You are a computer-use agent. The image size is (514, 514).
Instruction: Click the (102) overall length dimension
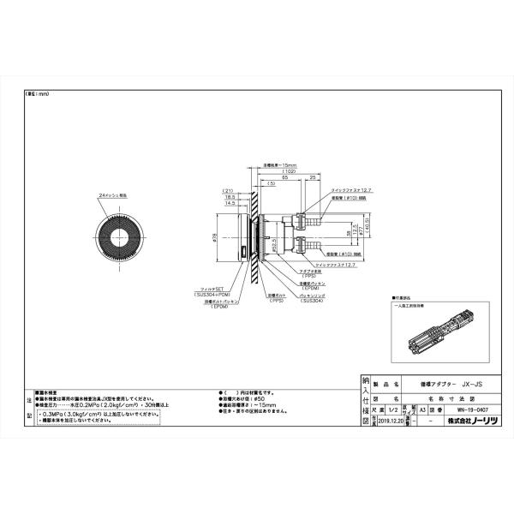(x=290, y=171)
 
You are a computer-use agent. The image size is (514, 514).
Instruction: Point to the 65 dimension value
(x=282, y=177)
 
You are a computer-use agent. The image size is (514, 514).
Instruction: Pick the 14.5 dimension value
(x=229, y=203)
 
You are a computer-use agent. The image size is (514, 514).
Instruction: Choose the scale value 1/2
(x=395, y=410)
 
